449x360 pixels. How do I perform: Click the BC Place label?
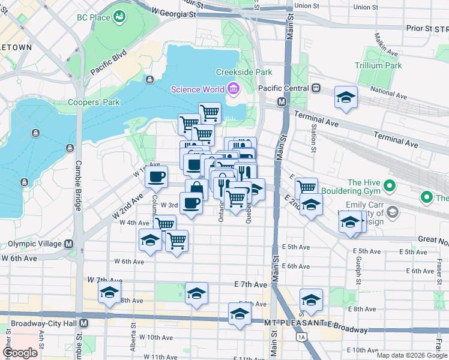pyautogui.click(x=93, y=17)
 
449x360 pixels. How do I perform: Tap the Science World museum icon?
pyautogui.click(x=233, y=90)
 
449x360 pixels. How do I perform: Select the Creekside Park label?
pyautogui.click(x=244, y=72)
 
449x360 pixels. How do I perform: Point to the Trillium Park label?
pyautogui.click(x=378, y=65)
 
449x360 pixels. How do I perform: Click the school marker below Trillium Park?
pyautogui.click(x=346, y=98)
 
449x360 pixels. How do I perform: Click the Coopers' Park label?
pyautogui.click(x=94, y=102)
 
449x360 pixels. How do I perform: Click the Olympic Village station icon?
pyautogui.click(x=69, y=244)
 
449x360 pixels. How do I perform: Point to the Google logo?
pyautogui.click(x=20, y=353)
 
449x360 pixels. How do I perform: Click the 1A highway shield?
pyautogui.click(x=302, y=338)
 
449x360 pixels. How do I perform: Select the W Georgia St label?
pyautogui.click(x=174, y=11)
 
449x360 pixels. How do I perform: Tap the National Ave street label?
pyautogui.click(x=388, y=92)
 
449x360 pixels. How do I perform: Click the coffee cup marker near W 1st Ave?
pyautogui.click(x=156, y=177)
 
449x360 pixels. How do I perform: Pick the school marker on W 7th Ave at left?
pyautogui.click(x=109, y=294)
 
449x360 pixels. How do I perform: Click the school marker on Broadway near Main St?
pyautogui.click(x=240, y=314)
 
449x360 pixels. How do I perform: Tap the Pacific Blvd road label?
pyautogui.click(x=109, y=62)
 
